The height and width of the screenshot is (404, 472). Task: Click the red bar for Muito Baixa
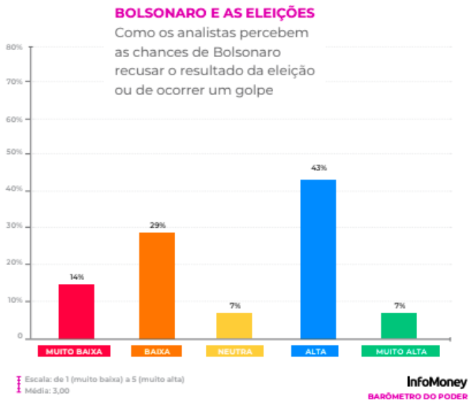click(76, 311)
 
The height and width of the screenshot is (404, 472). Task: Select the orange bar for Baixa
click(157, 285)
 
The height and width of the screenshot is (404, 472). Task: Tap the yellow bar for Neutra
click(234, 325)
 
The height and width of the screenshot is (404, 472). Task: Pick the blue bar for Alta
click(318, 259)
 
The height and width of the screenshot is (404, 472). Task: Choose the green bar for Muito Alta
click(399, 325)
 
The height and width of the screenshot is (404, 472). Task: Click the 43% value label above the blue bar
click(319, 167)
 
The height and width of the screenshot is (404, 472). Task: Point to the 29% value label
click(158, 224)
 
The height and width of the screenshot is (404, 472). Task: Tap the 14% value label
click(76, 277)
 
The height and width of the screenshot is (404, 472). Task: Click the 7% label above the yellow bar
click(235, 306)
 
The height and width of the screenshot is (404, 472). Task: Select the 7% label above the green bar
click(399, 306)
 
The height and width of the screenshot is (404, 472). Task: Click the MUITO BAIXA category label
click(74, 352)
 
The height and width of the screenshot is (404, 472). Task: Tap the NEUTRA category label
click(235, 352)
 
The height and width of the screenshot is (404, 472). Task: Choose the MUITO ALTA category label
click(400, 352)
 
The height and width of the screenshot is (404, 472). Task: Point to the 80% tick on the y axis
click(14, 47)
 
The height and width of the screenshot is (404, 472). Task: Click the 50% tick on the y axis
click(14, 154)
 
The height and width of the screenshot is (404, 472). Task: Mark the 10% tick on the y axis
click(14, 300)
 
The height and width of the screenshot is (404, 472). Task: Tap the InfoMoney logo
click(437, 382)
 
